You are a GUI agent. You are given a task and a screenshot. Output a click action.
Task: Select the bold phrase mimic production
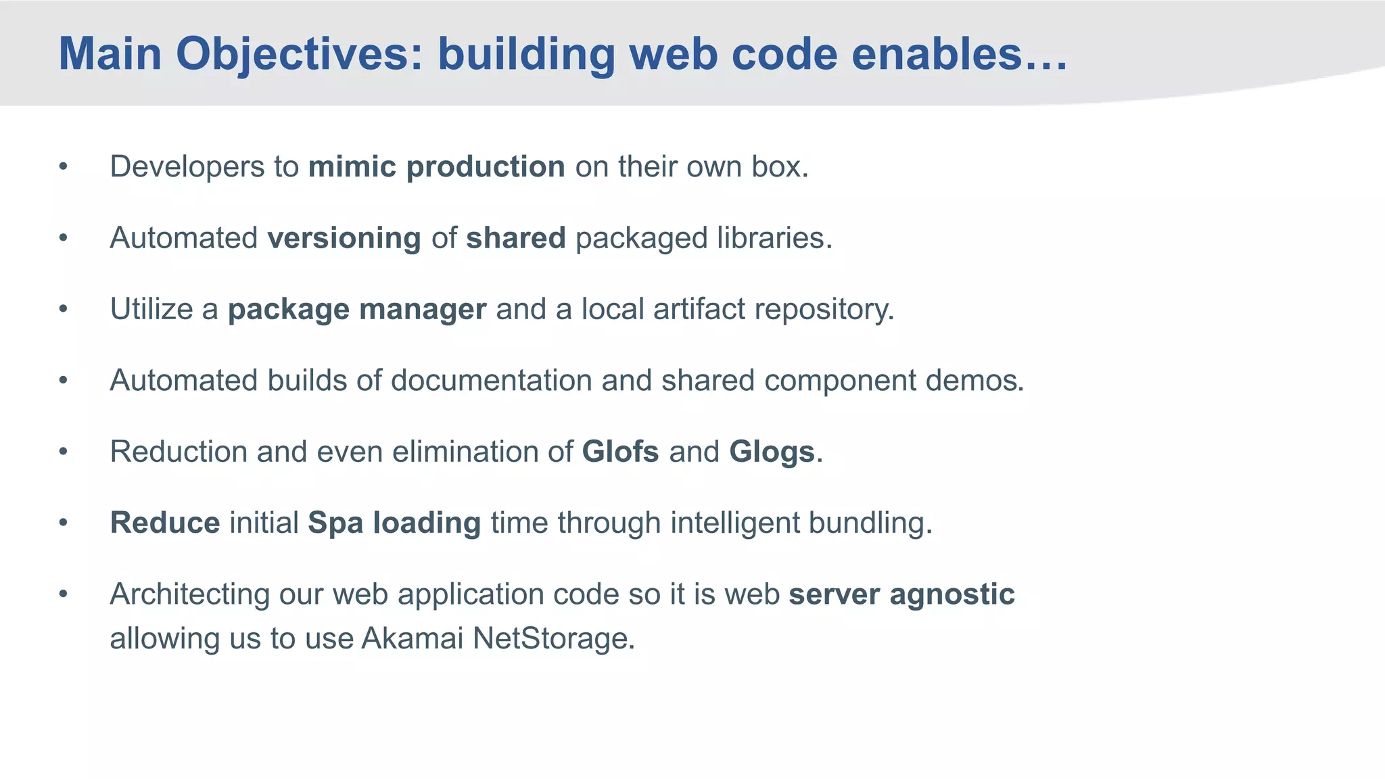click(436, 167)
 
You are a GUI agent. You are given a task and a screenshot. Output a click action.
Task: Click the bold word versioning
click(344, 238)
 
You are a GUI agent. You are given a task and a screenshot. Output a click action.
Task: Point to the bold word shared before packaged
click(515, 238)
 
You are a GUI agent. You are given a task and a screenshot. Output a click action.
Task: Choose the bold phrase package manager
click(356, 310)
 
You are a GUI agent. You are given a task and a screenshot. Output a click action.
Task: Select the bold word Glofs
click(620, 452)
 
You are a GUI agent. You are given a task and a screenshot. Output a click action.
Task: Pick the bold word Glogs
click(772, 452)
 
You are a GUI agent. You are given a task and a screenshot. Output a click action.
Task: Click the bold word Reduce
click(165, 523)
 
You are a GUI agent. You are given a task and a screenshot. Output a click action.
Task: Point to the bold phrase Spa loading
click(394, 523)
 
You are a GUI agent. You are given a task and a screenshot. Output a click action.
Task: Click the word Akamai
click(412, 638)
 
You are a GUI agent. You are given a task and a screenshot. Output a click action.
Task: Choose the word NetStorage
click(553, 638)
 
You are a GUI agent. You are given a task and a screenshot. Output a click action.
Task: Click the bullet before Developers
click(63, 167)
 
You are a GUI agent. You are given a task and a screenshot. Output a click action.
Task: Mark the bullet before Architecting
click(63, 594)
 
